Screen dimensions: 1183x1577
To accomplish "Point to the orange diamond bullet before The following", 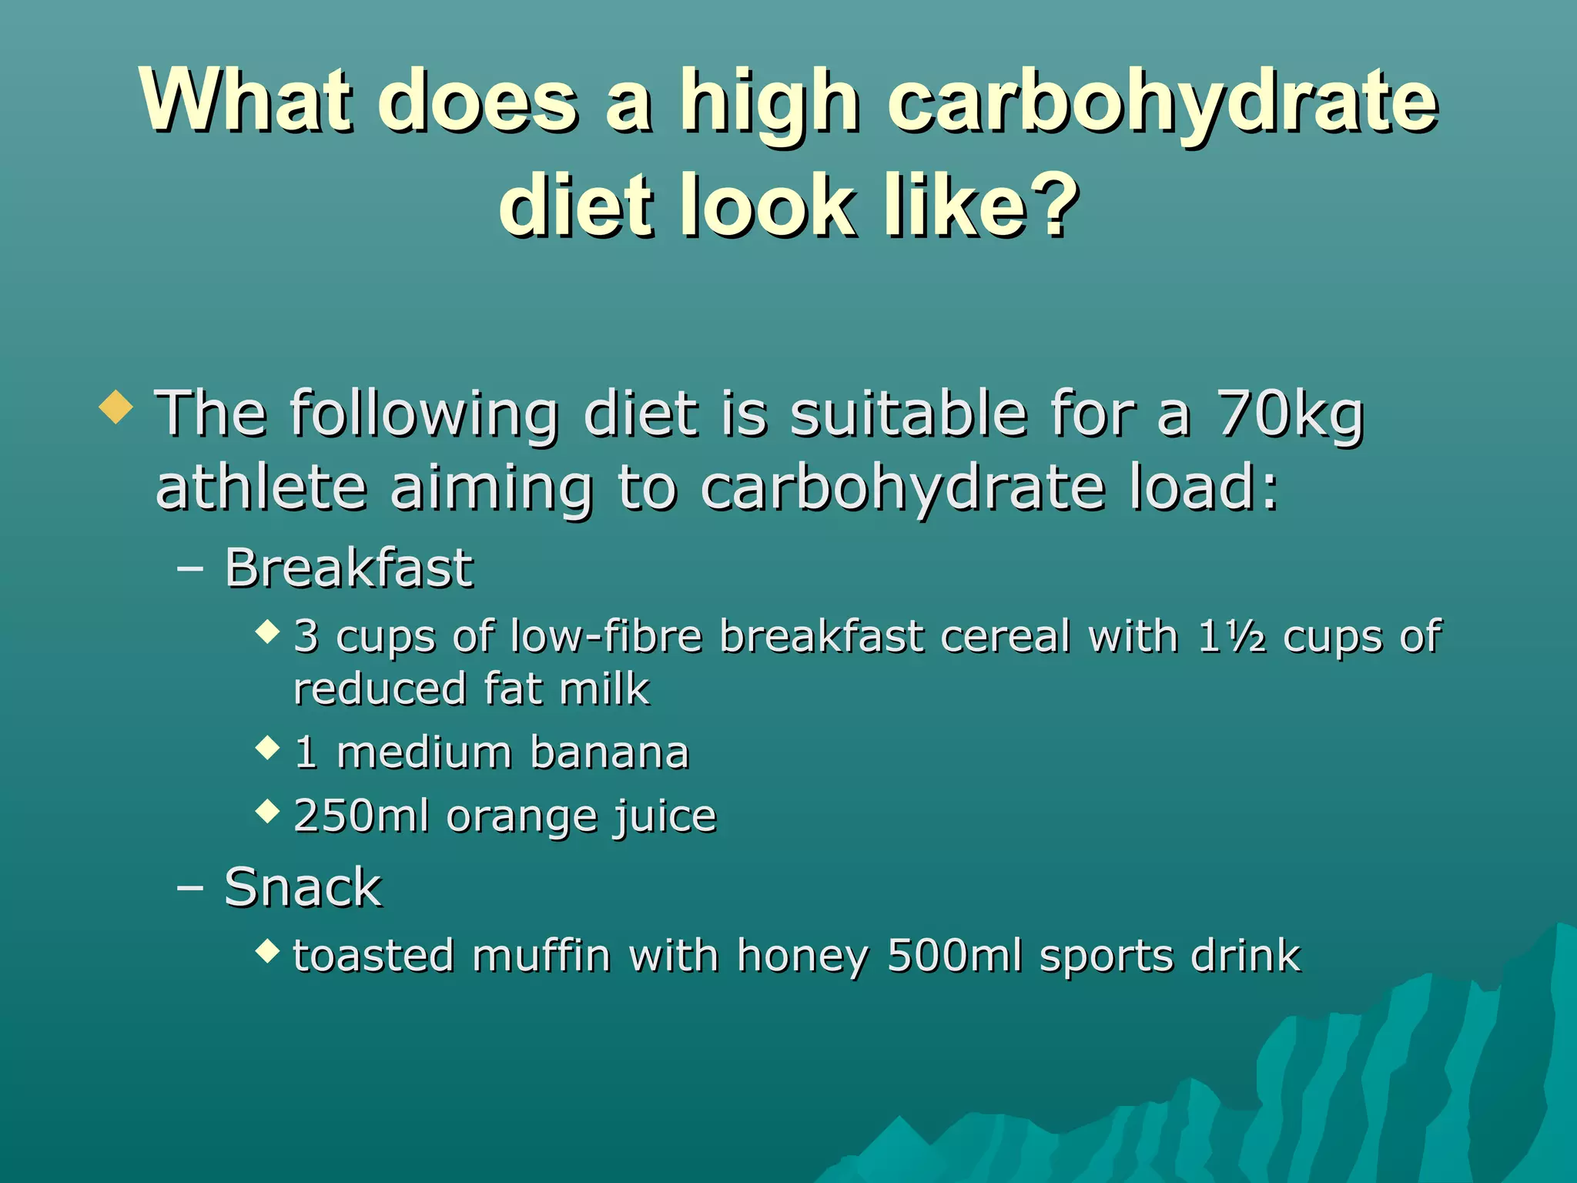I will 116,407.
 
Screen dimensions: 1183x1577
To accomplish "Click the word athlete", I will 260,488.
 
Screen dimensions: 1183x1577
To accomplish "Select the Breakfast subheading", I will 348,568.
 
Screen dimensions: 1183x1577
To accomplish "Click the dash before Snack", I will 189,887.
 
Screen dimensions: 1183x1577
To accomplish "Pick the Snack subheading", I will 303,887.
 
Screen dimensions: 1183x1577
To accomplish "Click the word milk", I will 604,689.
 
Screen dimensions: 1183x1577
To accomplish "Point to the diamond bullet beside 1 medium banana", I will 267,747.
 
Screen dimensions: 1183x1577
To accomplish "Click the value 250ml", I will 361,816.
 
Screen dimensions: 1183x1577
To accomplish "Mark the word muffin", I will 541,957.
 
